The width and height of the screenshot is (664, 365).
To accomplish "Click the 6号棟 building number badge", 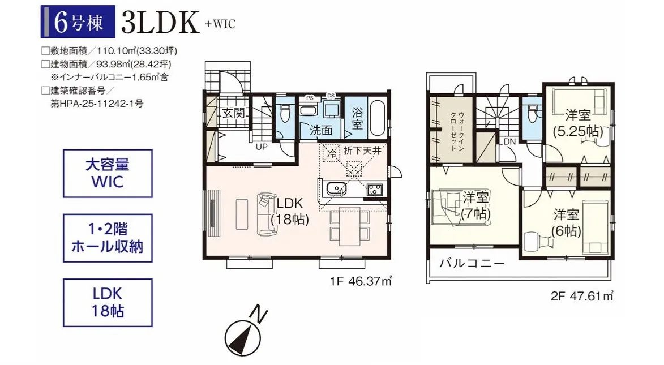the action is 78,22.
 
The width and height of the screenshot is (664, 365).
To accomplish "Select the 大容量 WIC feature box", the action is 108,173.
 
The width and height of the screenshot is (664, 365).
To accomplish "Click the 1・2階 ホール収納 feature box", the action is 108,238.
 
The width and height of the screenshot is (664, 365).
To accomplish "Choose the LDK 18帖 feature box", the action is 108,302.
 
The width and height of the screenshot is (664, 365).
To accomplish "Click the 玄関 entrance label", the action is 234,114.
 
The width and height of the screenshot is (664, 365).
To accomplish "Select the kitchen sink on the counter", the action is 337,188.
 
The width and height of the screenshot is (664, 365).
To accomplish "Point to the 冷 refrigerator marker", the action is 333,152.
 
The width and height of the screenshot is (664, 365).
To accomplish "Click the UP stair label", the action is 262,147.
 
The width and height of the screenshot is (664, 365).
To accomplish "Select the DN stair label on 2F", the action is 509,141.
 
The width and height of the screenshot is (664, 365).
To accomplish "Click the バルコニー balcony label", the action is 472,264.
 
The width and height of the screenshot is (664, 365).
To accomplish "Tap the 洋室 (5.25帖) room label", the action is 578,123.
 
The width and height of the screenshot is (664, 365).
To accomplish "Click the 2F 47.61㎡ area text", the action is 582,295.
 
